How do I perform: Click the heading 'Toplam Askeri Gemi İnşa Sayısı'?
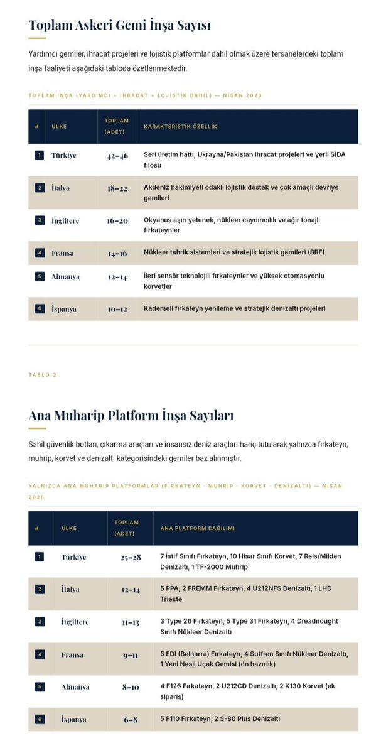119,25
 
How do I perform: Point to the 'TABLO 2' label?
43,375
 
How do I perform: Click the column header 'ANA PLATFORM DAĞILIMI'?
198,528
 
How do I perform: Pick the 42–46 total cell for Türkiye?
117,155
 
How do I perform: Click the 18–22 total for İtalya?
117,188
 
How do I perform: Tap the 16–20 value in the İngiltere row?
117,220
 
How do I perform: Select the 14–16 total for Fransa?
117,253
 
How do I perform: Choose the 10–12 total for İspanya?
117,309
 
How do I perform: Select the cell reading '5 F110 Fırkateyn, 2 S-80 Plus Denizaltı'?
220,719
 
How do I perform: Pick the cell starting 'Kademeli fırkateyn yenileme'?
234,309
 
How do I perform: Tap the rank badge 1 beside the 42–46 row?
39,155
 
